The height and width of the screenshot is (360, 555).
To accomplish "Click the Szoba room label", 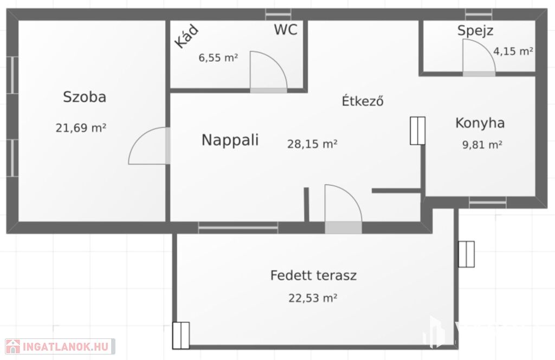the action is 85,97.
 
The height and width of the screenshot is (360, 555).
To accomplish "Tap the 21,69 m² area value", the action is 81,128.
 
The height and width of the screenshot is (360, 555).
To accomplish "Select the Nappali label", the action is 230,140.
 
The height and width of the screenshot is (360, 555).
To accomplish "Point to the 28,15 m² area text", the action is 312,144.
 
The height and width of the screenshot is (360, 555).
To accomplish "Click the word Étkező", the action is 363,101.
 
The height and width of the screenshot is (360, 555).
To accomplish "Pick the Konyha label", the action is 480,123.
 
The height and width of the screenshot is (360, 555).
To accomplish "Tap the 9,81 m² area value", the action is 482,145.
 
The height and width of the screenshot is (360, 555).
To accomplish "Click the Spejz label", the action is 475,31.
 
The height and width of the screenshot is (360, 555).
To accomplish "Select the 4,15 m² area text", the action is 513,52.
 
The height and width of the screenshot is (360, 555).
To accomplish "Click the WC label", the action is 286,30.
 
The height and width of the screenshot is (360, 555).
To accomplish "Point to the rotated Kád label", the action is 186,36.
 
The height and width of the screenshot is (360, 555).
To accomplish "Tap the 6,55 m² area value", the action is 218,57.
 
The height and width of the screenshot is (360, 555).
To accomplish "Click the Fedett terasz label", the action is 313,275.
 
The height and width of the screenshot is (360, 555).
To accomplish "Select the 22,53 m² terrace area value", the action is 313,298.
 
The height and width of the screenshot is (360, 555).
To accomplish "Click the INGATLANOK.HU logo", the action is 60,346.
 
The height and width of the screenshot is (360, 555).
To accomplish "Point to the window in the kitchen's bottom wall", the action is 488,202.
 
